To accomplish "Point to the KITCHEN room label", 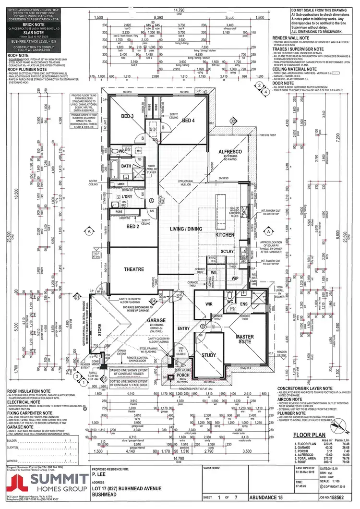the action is pyautogui.click(x=225, y=235).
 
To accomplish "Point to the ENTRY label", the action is pyautogui.click(x=184, y=328).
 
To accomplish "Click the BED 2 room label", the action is pyautogui.click(x=119, y=226).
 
